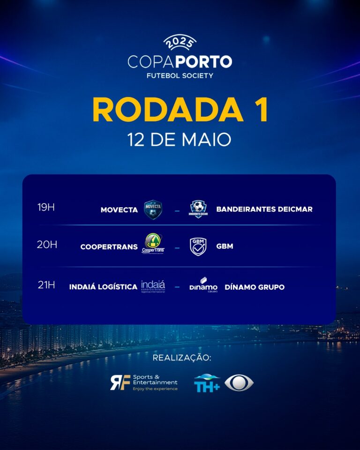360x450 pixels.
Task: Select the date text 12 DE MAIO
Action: coord(180,140)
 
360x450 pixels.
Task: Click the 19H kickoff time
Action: coord(46,207)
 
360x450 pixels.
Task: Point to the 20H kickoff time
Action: coord(47,244)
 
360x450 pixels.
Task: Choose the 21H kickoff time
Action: coord(46,285)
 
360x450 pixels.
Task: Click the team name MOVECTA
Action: coord(119,210)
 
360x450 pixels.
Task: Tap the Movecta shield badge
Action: coord(153,210)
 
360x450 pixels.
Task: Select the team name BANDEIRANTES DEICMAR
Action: coord(264,209)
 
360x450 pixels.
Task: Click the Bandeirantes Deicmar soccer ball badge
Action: coord(198,209)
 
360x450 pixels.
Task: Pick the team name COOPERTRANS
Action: coord(109,247)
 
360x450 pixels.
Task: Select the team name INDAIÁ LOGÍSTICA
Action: coord(103,287)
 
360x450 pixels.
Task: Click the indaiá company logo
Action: coord(153,286)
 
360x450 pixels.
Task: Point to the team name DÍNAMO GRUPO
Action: coord(255,287)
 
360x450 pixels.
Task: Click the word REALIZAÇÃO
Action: coord(182,358)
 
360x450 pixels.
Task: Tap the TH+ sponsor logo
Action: coord(207,382)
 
